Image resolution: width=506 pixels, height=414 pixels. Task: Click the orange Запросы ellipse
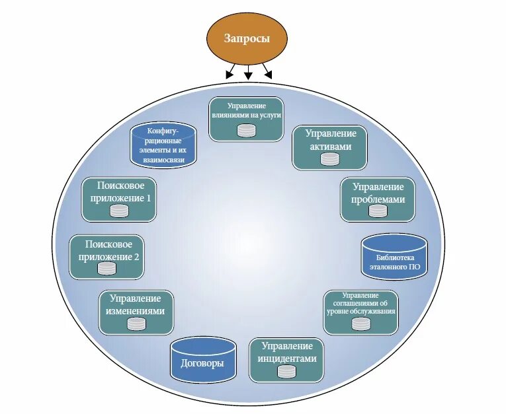[247, 38]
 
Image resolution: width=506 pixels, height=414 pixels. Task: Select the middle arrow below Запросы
[247, 72]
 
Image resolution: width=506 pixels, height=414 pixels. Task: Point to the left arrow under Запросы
[231, 72]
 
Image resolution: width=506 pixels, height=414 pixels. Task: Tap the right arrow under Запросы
[265, 72]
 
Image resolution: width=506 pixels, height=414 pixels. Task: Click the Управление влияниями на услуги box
[247, 119]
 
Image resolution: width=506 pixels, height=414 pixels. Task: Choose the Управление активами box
[329, 148]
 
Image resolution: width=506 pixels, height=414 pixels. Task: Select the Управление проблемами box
[378, 199]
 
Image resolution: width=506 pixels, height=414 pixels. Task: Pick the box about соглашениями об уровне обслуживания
[361, 312]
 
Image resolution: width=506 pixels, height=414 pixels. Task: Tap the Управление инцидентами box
[286, 360]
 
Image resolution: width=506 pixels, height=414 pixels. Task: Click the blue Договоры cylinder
[202, 359]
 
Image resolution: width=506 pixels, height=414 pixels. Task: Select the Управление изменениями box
[136, 312]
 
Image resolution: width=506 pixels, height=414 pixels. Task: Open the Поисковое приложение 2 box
[106, 257]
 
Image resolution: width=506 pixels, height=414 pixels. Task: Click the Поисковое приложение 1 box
[118, 199]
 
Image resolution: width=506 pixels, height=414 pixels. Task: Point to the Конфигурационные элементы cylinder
[163, 143]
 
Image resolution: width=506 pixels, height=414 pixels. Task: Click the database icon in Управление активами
[329, 159]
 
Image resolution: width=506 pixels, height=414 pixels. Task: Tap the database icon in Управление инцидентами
[286, 372]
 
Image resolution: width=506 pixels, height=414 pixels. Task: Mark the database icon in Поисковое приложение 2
[106, 268]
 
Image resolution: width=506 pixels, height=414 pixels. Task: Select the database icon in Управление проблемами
[378, 211]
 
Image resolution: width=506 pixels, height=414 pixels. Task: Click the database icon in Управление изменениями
[136, 324]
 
